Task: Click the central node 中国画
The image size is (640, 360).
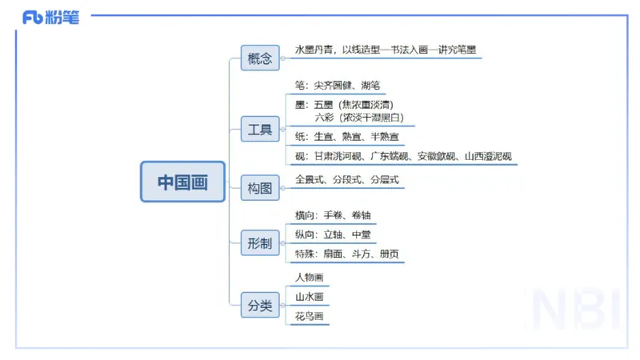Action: (x=182, y=182)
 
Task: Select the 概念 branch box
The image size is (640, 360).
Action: (x=260, y=58)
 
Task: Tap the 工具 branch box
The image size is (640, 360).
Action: (x=260, y=129)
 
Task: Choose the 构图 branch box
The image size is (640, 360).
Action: (x=260, y=189)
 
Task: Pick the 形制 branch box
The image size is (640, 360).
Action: (x=260, y=242)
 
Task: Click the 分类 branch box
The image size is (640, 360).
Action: (x=260, y=305)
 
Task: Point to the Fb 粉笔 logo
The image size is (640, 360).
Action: (x=50, y=18)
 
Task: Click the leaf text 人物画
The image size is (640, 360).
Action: (x=310, y=278)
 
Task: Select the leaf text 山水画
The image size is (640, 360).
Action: (x=310, y=297)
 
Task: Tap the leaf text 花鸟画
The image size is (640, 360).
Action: (x=310, y=316)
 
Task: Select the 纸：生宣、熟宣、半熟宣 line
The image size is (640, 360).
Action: (x=346, y=137)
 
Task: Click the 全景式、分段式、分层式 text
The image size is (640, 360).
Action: (x=346, y=180)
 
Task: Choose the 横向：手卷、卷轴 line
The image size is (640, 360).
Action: (x=332, y=215)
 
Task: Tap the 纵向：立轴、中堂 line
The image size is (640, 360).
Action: (x=332, y=235)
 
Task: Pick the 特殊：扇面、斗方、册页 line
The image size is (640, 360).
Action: (x=346, y=254)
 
